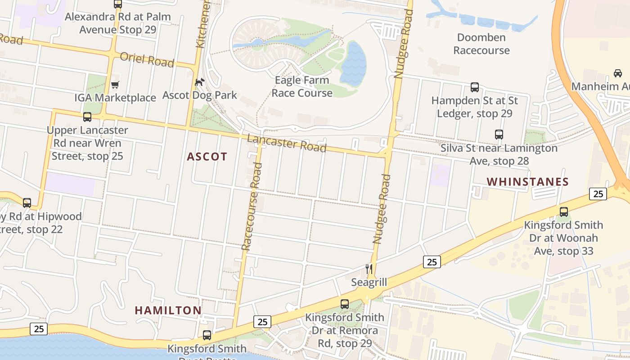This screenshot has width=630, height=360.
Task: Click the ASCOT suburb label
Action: [207, 157]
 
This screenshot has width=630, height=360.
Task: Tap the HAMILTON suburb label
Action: [168, 310]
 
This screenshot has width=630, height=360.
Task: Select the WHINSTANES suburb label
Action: [527, 182]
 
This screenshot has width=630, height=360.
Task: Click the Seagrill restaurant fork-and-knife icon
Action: [369, 269]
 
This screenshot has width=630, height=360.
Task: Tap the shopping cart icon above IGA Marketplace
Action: [115, 85]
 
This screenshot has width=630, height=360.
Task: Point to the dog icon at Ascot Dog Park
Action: [199, 82]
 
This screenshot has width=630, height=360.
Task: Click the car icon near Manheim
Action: [617, 73]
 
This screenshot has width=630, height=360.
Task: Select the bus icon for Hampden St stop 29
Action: [474, 87]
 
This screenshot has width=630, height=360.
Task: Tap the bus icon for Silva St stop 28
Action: [499, 134]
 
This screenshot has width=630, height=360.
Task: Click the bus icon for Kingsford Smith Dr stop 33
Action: [563, 211]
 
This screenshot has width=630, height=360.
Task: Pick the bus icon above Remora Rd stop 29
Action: [344, 304]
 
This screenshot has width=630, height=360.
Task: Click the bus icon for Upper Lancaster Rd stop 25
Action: [87, 117]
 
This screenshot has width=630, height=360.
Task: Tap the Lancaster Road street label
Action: [287, 143]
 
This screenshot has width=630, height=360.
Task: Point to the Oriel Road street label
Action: [147, 59]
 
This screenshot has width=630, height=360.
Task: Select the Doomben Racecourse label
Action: [481, 44]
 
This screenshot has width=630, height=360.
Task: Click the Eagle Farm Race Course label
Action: [302, 86]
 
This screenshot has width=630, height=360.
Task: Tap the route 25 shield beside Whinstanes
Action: [598, 194]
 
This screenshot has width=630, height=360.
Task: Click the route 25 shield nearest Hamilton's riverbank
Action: [39, 329]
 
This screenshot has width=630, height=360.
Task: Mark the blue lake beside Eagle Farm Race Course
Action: [353, 63]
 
